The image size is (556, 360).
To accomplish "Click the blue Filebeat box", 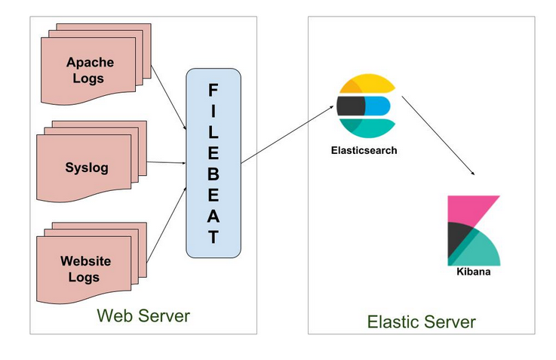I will (213, 163).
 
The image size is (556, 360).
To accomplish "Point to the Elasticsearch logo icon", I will (366, 106).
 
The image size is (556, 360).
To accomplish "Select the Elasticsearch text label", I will (364, 150).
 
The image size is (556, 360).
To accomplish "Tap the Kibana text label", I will (473, 271).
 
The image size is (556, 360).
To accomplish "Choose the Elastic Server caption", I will (421, 322).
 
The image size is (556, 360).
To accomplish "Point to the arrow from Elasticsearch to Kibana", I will (438, 136).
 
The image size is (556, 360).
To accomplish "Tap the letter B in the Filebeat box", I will (213, 178).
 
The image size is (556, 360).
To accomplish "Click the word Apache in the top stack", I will (89, 61).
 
